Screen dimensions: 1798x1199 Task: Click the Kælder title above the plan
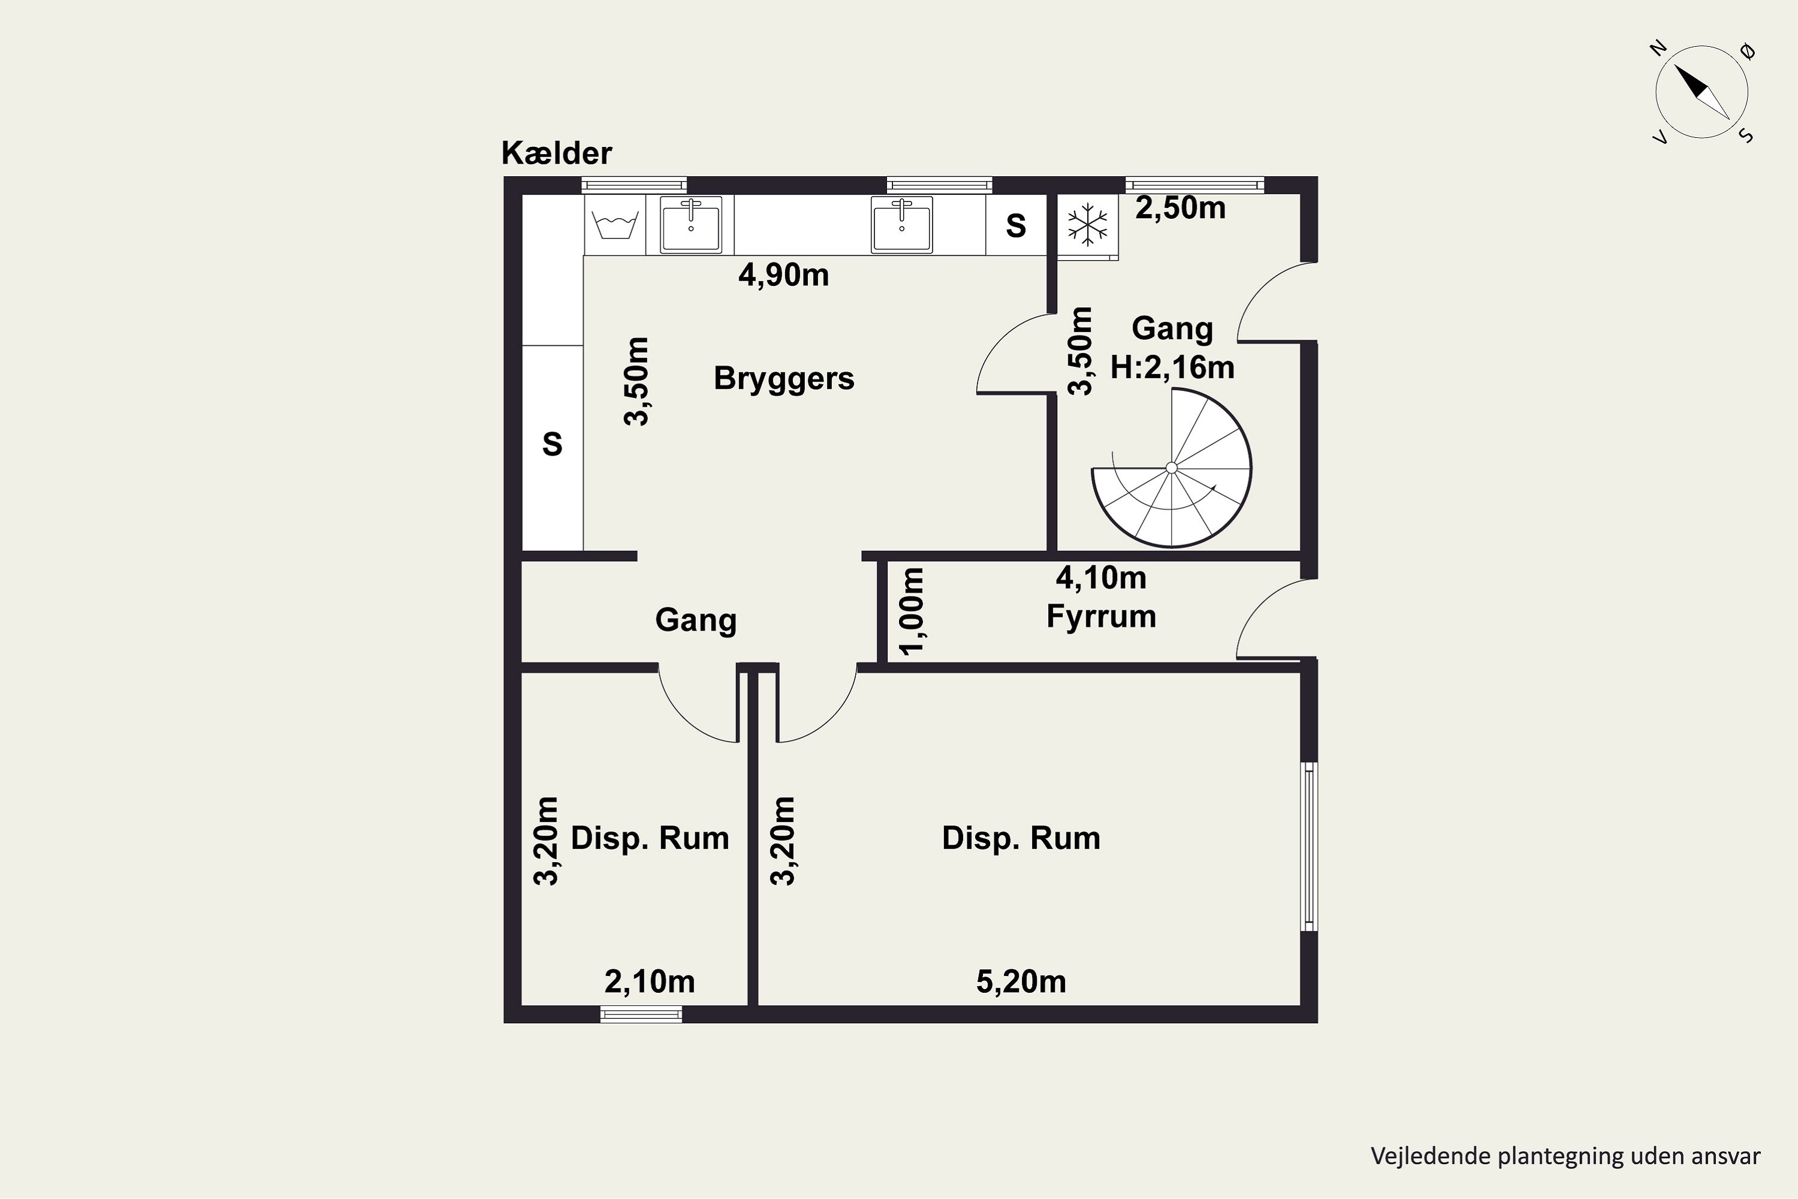click(557, 153)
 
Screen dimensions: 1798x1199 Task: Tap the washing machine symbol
click(615, 225)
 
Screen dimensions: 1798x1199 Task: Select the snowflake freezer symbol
click(1087, 225)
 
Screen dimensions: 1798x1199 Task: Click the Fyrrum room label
click(1101, 616)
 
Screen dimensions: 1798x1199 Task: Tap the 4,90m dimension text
click(783, 275)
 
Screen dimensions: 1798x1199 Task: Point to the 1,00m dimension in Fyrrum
click(912, 611)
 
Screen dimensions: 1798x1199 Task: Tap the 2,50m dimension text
click(1180, 208)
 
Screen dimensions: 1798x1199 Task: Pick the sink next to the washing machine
click(691, 225)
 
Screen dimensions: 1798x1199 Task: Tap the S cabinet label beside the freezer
click(1016, 225)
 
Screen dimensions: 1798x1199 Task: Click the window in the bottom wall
click(641, 1015)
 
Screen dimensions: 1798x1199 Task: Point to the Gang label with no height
click(696, 620)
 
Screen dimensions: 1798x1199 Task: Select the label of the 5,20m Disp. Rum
click(1021, 838)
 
